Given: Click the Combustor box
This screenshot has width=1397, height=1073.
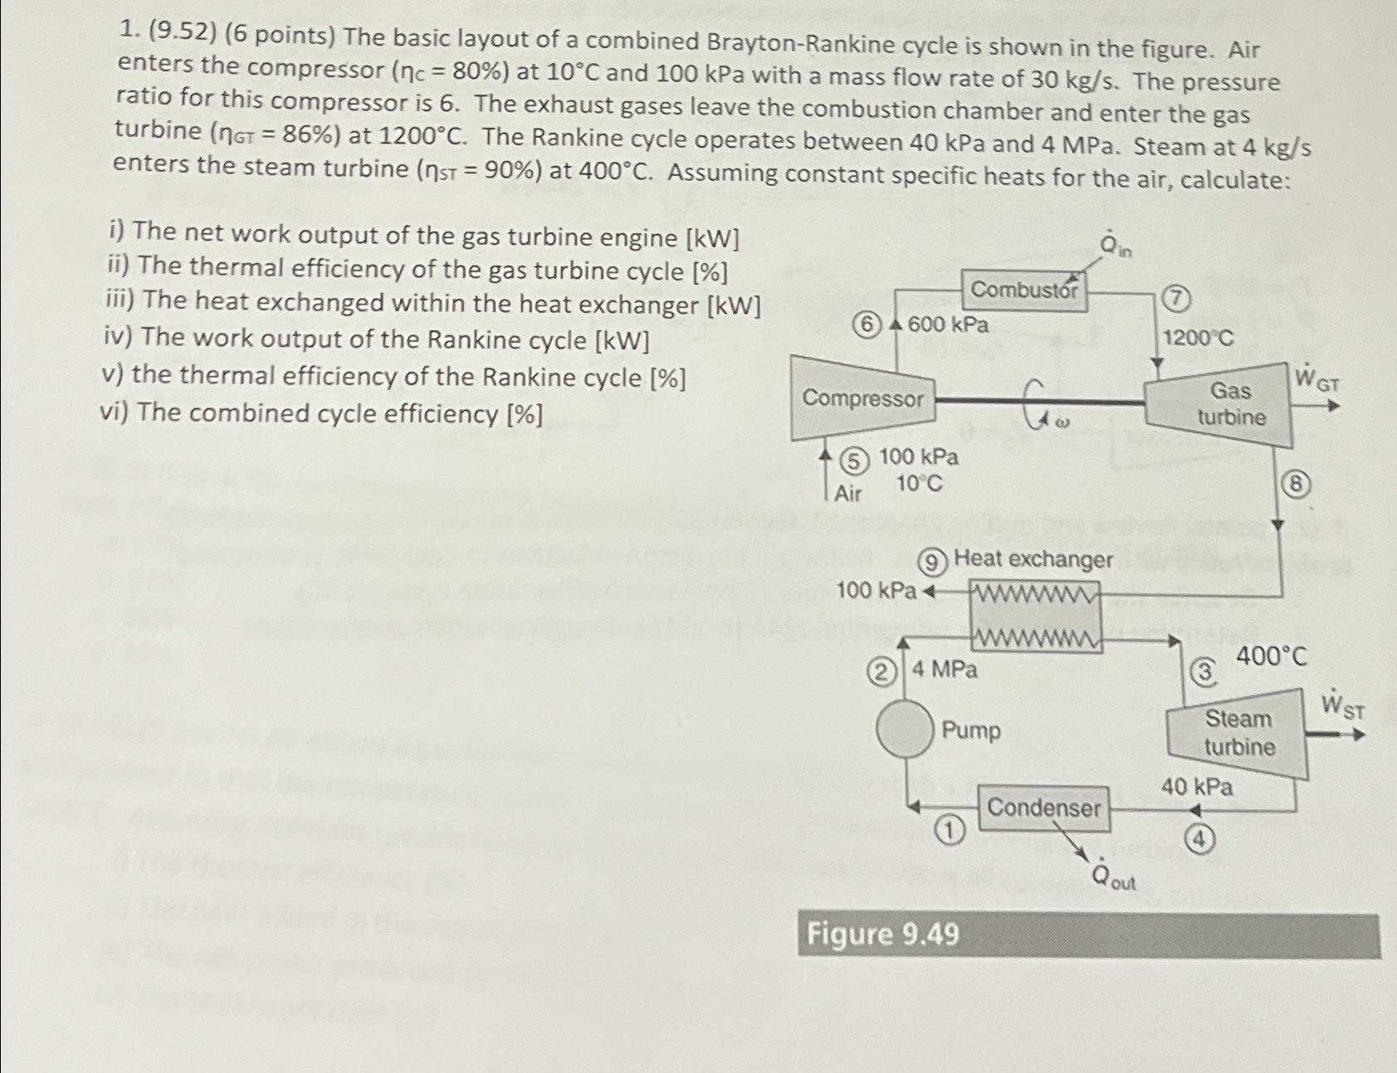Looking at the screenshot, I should click(1023, 290).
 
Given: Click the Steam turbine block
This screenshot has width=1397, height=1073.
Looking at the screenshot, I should click(1238, 733).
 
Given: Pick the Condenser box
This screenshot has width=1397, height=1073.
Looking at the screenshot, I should click(1043, 807).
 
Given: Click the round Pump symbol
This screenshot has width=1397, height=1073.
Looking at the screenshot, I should click(905, 729).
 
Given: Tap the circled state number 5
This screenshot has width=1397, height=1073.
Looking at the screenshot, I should click(854, 461).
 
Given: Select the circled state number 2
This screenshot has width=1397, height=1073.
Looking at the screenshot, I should click(882, 671).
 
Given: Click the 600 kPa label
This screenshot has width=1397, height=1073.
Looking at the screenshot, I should click(948, 324).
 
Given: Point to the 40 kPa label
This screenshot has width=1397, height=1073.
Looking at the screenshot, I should click(1196, 787).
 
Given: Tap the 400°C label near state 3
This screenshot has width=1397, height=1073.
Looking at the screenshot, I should click(1271, 657).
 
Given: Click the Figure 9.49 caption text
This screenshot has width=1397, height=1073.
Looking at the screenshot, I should click(882, 934).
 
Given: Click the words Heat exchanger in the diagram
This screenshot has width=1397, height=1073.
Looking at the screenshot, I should click(1033, 559).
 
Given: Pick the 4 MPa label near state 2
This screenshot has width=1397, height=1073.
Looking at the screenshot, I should click(945, 669).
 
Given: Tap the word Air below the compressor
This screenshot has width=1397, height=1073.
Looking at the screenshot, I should click(847, 495).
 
